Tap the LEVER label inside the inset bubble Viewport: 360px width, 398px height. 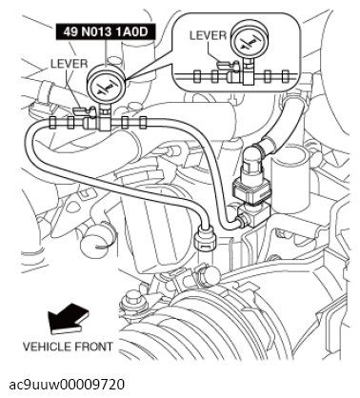pyautogui.click(x=208, y=35)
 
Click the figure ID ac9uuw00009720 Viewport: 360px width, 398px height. pyautogui.click(x=70, y=384)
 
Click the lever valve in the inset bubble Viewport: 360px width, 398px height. pyautogui.click(x=229, y=69)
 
